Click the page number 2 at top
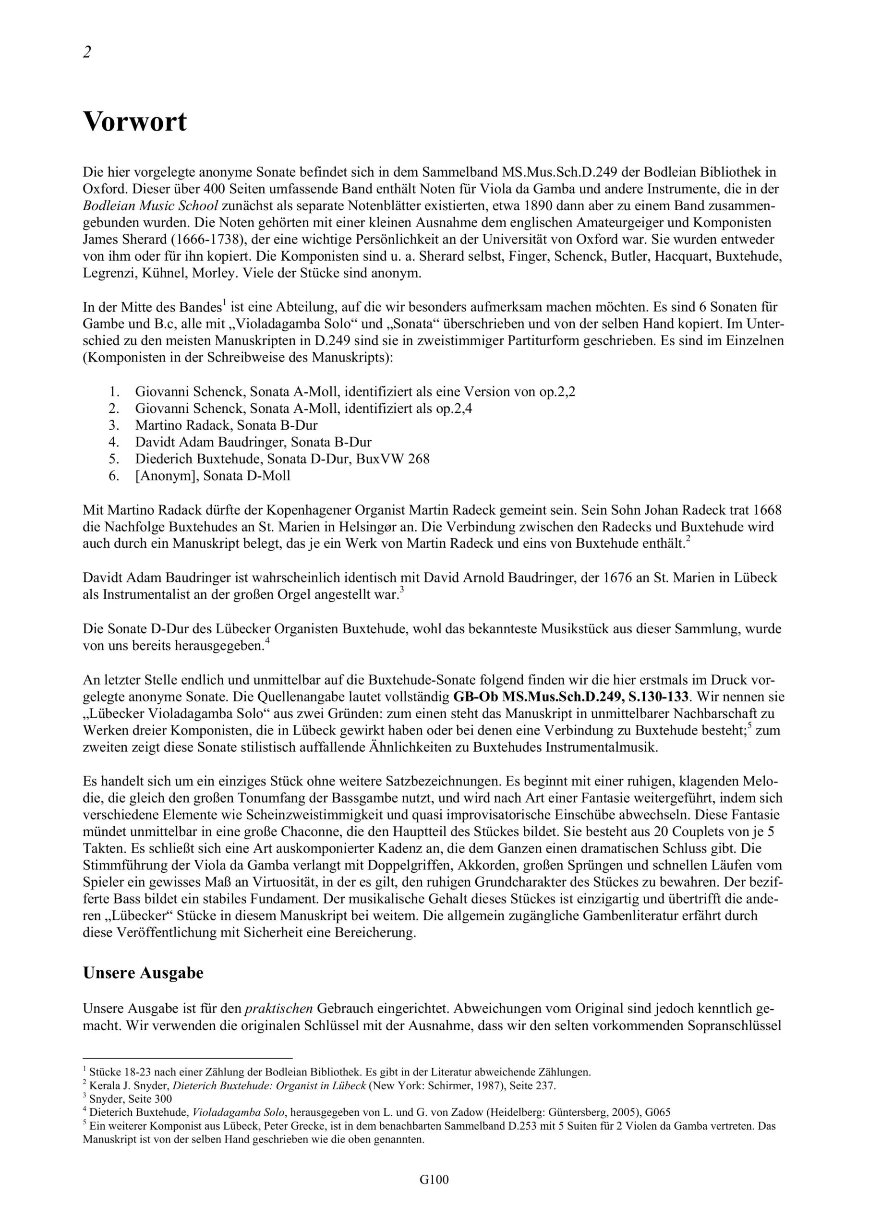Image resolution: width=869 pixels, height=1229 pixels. pyautogui.click(x=87, y=52)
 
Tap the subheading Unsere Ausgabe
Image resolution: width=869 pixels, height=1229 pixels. pyautogui.click(x=143, y=973)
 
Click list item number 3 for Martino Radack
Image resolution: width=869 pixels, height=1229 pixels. pyautogui.click(x=113, y=425)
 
